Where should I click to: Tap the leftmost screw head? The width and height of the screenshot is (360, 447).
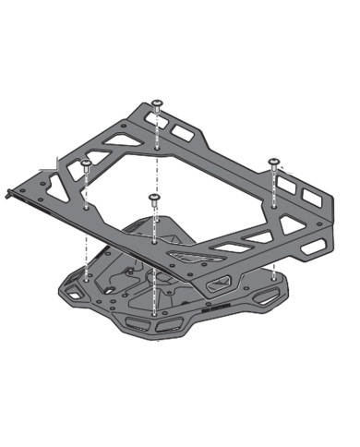tap(86, 164)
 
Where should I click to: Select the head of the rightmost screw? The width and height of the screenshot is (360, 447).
tap(274, 162)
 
